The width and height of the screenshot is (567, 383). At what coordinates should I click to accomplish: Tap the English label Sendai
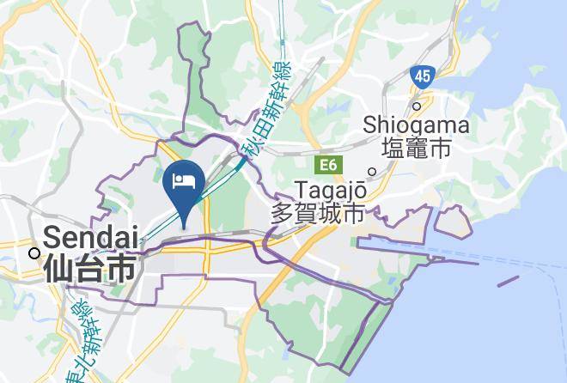click(91, 236)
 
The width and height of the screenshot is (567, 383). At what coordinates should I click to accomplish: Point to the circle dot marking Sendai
click(33, 252)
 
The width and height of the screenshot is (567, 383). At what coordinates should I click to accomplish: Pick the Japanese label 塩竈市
click(417, 149)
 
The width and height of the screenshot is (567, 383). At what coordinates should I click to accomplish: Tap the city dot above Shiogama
click(417, 106)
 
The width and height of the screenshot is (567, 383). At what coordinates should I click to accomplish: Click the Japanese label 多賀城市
click(319, 213)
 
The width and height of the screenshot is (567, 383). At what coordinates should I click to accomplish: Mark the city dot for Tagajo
click(372, 171)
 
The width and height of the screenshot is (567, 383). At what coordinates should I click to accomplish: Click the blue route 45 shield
click(421, 76)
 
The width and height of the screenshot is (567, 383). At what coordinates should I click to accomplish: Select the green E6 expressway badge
click(328, 163)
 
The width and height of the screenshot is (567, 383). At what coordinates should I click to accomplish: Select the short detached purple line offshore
click(508, 280)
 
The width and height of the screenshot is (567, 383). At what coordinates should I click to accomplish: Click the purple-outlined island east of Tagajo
click(453, 222)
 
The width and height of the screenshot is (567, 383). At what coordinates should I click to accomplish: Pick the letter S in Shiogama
click(370, 126)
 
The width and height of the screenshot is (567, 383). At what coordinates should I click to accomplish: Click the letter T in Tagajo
click(301, 188)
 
